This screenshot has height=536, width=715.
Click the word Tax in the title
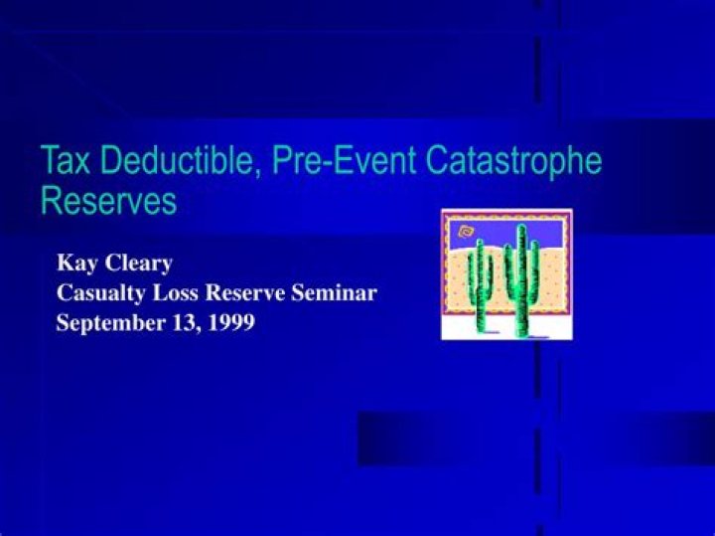coord(65,160)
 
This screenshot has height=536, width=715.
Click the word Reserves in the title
coord(108,202)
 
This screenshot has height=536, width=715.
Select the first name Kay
coord(75,264)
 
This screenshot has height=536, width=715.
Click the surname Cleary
coord(138,264)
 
